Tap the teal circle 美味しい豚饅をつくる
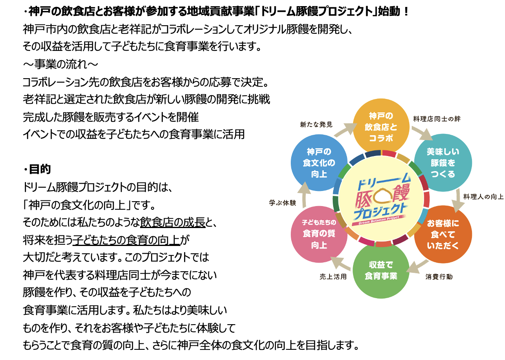(443, 163)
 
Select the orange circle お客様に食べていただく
(443, 234)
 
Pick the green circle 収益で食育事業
(381, 271)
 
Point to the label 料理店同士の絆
(437, 119)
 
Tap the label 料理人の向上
(483, 197)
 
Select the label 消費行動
(439, 277)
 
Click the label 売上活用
(333, 277)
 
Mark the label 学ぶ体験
(282, 202)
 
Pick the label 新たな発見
(316, 124)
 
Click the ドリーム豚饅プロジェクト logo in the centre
(381, 198)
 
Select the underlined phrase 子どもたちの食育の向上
(126, 240)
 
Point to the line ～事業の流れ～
(60, 64)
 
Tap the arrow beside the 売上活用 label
(340, 263)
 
